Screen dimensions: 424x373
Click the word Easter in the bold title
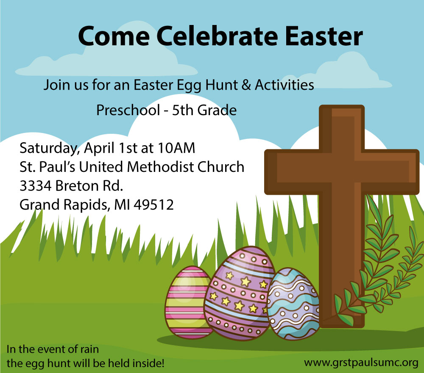click(x=324, y=36)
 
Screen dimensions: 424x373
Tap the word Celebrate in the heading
click(x=217, y=36)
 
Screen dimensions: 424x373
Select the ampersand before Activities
click(x=246, y=85)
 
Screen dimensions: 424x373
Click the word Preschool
click(x=128, y=110)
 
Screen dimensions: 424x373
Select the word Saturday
click(x=50, y=149)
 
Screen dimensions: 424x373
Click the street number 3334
click(x=36, y=186)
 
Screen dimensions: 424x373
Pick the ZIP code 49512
click(x=153, y=205)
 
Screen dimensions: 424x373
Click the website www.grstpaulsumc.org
click(x=361, y=362)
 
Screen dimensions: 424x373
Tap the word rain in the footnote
click(x=89, y=349)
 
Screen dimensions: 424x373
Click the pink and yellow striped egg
click(x=188, y=302)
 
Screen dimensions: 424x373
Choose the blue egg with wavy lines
click(x=293, y=304)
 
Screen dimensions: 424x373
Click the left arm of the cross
click(x=292, y=172)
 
